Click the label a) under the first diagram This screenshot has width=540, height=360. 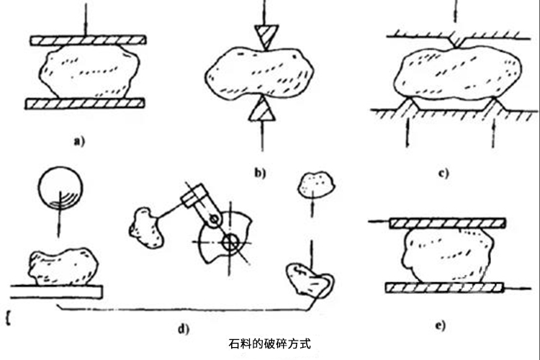[x=79, y=142]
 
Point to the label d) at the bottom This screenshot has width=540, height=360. [x=183, y=330]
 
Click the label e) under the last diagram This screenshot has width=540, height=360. [x=438, y=324]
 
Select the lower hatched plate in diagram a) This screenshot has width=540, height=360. [x=85, y=104]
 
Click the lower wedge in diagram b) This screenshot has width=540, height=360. [x=261, y=110]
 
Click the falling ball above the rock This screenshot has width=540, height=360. [x=60, y=189]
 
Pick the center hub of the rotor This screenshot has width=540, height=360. [x=231, y=242]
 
